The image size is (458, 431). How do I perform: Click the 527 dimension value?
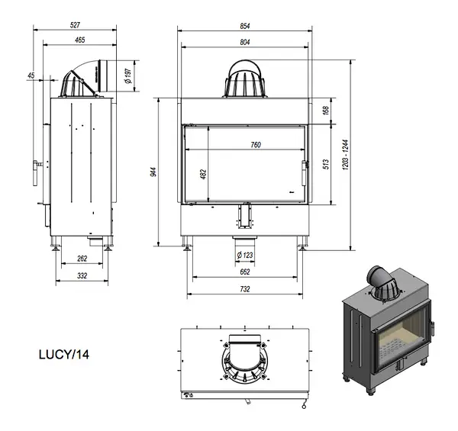[75, 25]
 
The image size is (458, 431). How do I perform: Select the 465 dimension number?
[79, 40]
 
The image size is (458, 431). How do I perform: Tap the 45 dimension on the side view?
[31, 76]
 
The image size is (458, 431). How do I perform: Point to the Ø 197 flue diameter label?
[128, 76]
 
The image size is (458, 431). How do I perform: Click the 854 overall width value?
[245, 26]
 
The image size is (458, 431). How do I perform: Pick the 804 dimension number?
[245, 42]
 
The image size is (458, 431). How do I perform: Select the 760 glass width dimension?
[256, 145]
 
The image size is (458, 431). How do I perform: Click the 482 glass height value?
[204, 174]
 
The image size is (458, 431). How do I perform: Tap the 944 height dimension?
[154, 172]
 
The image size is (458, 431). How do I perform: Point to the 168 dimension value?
[326, 111]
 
